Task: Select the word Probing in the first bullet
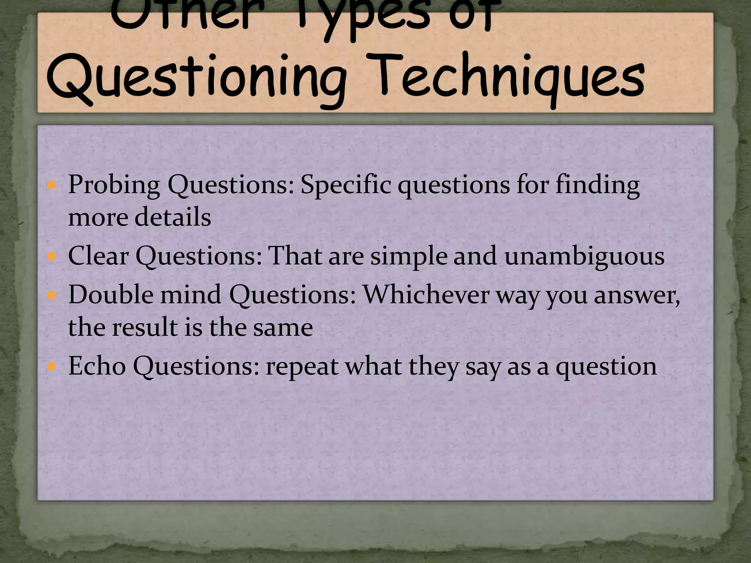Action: pyautogui.click(x=114, y=185)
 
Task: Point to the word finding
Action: pyautogui.click(x=597, y=185)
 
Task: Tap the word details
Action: pyautogui.click(x=173, y=217)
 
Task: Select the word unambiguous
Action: pyautogui.click(x=584, y=256)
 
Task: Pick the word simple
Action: pyautogui.click(x=409, y=256)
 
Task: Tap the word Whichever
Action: pyautogui.click(x=426, y=295)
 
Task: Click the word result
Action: pyautogui.click(x=144, y=327)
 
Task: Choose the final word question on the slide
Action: pyautogui.click(x=606, y=367)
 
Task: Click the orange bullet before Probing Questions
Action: pyautogui.click(x=52, y=185)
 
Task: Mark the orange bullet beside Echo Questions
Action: pyautogui.click(x=52, y=366)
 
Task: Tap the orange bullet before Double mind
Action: pyautogui.click(x=52, y=295)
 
